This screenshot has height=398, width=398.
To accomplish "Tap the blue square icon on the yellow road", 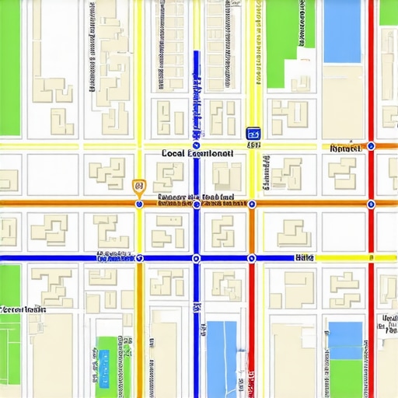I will pos(253,134).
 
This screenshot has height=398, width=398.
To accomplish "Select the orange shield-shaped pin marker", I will pos(138,186).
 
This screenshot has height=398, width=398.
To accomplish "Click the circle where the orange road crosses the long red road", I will pos(371,204).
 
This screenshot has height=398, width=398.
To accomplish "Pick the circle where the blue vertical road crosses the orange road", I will pos(196,204).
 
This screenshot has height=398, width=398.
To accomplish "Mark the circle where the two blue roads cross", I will pos(196,258).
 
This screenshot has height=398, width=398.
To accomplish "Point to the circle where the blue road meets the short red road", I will pos(252,258).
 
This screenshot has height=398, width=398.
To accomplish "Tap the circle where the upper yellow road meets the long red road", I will pos(371,145).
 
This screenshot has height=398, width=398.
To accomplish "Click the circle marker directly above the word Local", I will pos(197,145).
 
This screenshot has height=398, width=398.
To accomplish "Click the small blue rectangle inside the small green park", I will pos(103,358).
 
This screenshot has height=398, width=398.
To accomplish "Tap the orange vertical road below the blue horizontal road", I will pos(140,326).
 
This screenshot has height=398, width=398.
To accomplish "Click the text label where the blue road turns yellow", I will pos(304,257).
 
